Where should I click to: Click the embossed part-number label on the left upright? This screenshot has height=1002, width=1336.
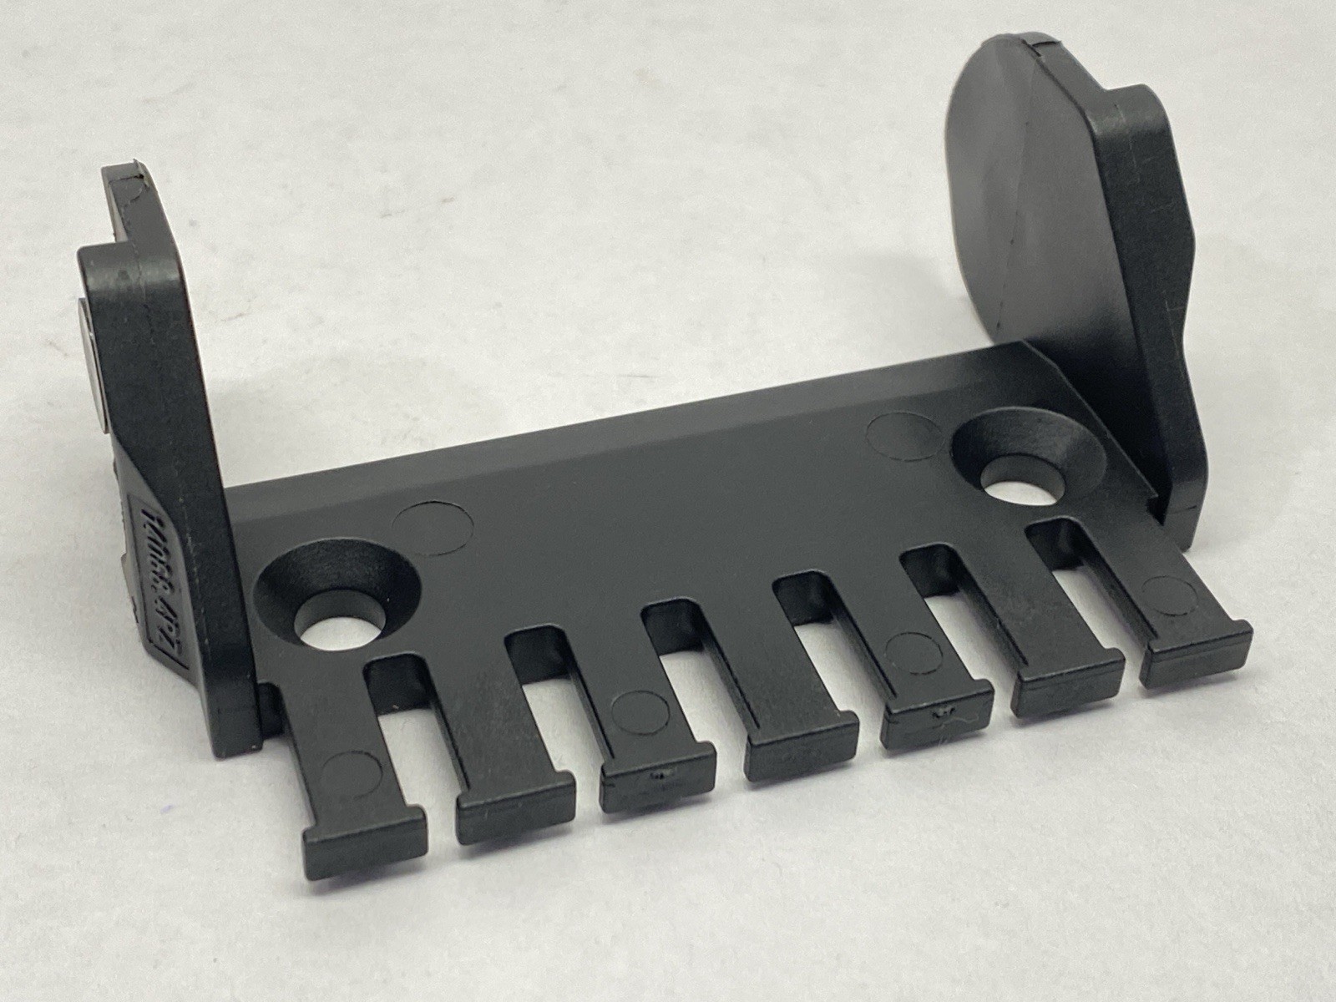pos(160,576)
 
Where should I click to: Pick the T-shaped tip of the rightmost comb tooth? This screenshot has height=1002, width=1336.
pos(1196,655)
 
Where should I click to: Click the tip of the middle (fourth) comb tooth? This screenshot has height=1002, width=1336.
pos(802,747)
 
